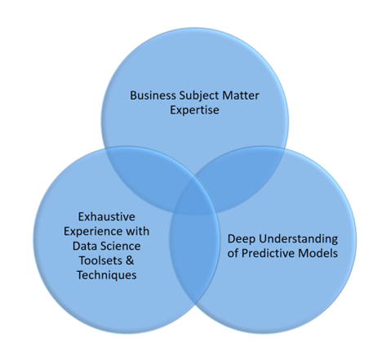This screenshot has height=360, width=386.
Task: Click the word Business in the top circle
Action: pos(153,96)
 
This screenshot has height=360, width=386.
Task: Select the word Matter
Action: pos(241,96)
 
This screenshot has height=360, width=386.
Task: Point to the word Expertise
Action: pos(194,110)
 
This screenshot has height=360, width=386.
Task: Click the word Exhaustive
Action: pos(106,217)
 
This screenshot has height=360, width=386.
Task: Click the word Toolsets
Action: pos(100,260)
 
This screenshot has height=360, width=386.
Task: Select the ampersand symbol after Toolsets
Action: pos(130,260)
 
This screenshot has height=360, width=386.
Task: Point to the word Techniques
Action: pos(107,275)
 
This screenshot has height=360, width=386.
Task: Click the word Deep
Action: pos(242,239)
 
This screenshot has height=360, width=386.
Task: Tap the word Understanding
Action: pos(298,239)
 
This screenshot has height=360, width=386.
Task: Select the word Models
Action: pos(317,254)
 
